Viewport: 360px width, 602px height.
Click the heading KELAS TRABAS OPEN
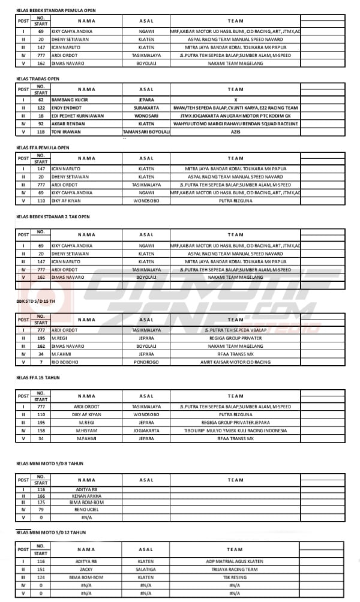point(37,79)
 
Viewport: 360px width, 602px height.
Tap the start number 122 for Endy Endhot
point(40,107)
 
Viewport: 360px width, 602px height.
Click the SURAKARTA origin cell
point(146,107)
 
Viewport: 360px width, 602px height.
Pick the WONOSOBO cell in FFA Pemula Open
point(146,201)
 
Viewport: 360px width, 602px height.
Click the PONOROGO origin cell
point(146,362)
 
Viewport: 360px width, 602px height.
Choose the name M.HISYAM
point(86,431)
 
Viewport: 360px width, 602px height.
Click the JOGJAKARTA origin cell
point(146,431)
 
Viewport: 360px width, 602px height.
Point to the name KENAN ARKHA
point(86,496)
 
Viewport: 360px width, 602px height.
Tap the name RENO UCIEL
point(86,510)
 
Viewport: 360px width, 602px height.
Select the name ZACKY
point(86,569)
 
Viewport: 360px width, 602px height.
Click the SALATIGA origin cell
point(146,569)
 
